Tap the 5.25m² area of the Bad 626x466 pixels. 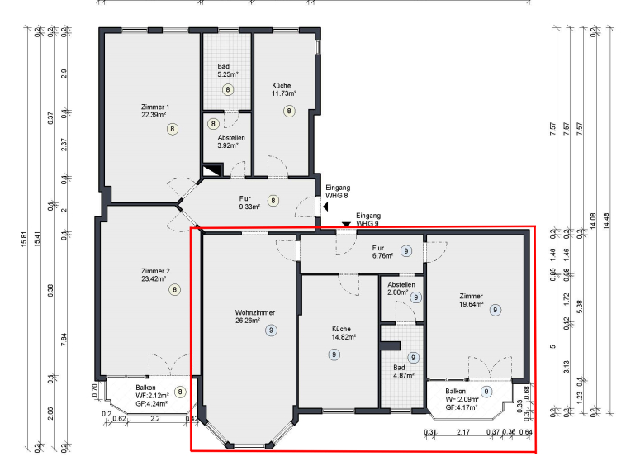228,74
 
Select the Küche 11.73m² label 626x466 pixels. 284,89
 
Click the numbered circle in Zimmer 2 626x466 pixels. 174,289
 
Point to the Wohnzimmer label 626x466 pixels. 254,312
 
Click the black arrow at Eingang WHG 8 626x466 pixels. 325,207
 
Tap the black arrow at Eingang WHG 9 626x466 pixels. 346,225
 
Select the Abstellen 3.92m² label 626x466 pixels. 231,141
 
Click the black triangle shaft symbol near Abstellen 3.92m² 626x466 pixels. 212,170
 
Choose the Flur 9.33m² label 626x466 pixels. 249,202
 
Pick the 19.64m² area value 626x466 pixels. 472,304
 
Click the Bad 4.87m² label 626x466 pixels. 403,371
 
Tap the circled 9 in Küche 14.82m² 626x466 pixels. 334,354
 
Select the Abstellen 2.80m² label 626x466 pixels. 401,288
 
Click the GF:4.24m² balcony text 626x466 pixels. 152,403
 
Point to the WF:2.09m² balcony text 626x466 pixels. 462,399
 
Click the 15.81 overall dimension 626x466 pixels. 24,239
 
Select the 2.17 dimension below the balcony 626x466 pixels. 463,431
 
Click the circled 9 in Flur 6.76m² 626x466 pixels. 406,251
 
